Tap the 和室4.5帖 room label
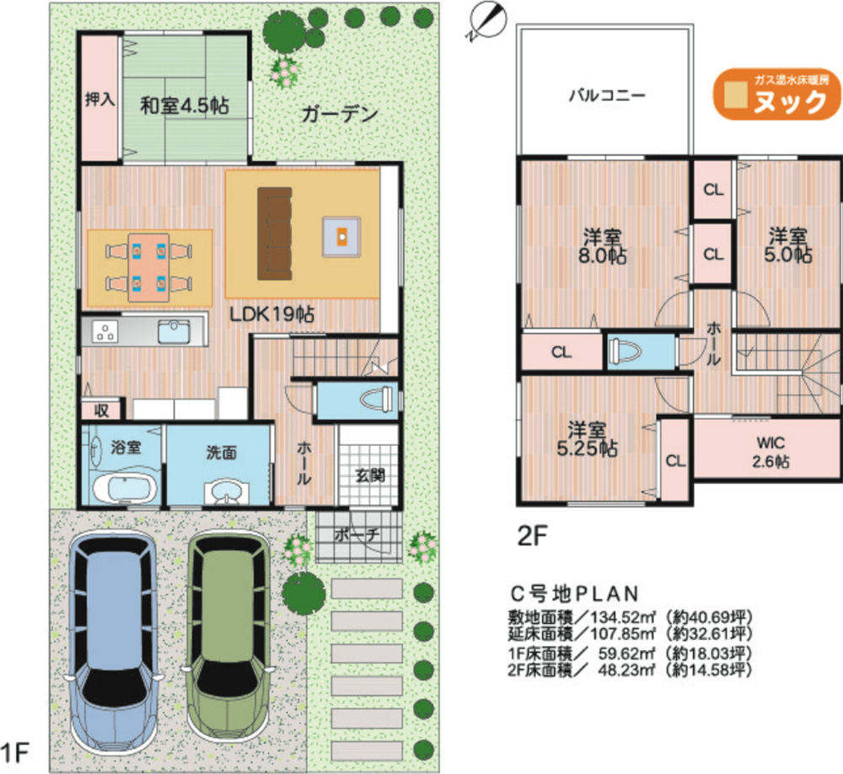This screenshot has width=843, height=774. point(185,106)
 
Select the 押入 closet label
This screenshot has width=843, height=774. point(99,99)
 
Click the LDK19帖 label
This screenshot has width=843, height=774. point(273,314)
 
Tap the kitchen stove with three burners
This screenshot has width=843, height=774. point(105,331)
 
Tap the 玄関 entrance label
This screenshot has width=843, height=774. point(368,475)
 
